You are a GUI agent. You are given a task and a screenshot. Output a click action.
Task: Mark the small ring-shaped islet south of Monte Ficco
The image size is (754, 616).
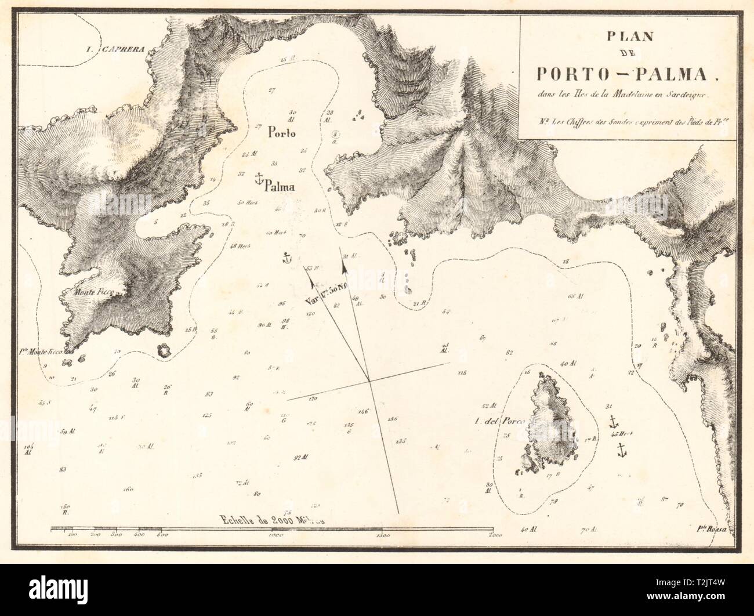tap(163, 350)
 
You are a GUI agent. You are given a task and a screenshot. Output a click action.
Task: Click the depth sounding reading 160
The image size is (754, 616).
tap(128, 489)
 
